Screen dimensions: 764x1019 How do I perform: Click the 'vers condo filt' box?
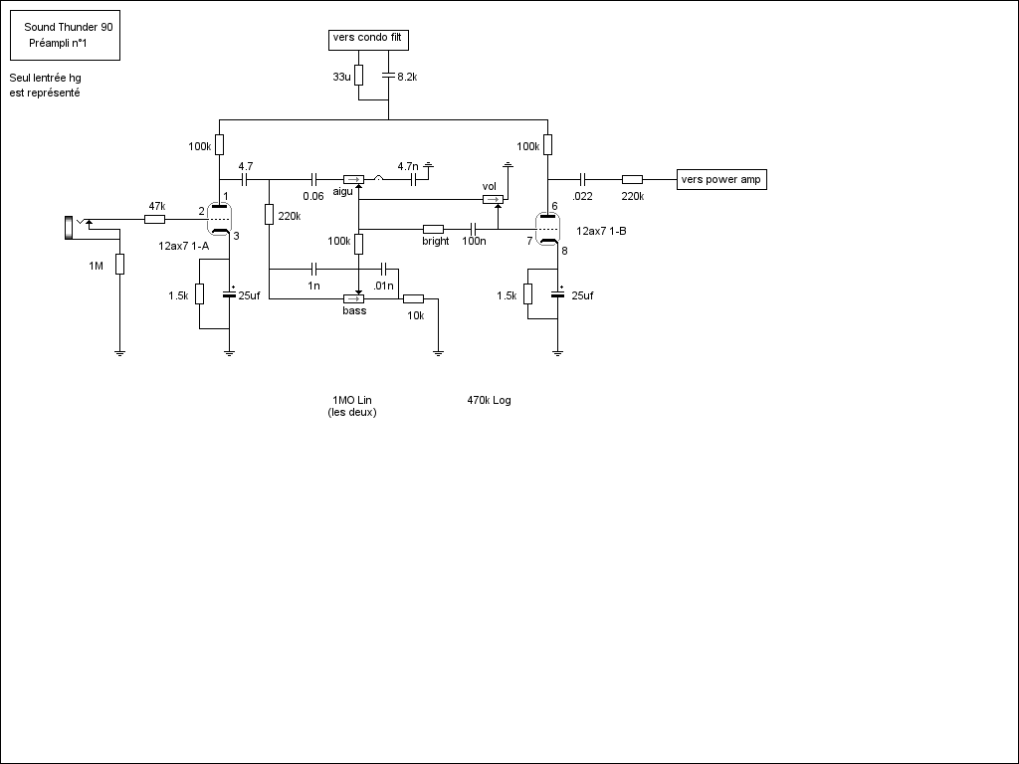tap(368, 40)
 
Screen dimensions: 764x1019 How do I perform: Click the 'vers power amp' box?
tap(721, 179)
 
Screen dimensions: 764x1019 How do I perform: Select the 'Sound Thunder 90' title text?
tap(69, 28)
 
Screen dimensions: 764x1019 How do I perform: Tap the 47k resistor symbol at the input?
tap(155, 219)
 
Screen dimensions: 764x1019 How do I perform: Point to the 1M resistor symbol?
tap(119, 264)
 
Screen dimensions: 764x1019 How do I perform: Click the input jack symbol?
tap(69, 227)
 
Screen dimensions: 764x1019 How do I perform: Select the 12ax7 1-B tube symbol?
tap(547, 230)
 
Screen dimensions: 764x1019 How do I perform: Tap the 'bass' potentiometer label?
tap(354, 310)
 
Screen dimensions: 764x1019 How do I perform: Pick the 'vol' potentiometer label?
tap(489, 186)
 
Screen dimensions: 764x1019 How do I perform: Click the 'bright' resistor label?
tap(435, 241)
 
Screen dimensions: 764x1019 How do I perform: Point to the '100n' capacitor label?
tap(474, 241)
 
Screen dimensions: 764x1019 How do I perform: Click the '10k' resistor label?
tap(414, 315)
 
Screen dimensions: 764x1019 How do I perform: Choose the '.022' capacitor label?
tap(583, 196)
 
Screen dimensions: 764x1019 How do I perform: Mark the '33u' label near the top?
tap(341, 77)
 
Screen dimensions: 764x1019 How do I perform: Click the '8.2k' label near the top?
tap(407, 77)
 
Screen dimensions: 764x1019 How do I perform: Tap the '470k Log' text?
tap(489, 400)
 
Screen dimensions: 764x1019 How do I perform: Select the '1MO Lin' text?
tap(352, 400)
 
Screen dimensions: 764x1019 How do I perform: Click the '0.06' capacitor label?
tap(313, 196)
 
